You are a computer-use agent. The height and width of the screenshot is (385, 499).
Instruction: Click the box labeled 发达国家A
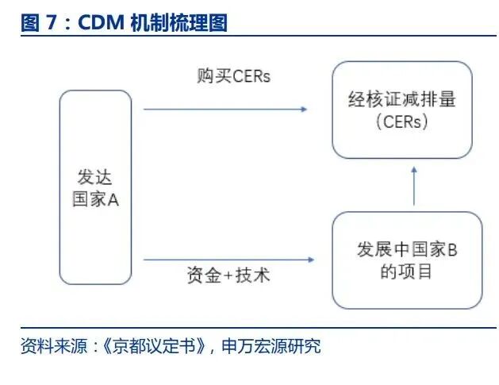95,187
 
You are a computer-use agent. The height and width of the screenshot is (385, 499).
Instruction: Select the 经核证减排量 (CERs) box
401,110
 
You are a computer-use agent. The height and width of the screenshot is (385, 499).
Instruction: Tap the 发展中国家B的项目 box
407,260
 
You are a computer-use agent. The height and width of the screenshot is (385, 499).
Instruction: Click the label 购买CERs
234,76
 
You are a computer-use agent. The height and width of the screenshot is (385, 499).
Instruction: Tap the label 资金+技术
228,275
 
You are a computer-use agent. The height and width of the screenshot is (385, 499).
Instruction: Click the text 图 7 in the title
40,23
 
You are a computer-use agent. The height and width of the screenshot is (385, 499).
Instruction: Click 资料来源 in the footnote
52,346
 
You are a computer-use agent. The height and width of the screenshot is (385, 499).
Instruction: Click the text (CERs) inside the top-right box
401,122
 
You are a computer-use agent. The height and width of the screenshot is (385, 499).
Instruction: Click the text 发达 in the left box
95,177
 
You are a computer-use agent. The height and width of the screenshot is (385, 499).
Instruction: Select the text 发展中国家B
407,249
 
